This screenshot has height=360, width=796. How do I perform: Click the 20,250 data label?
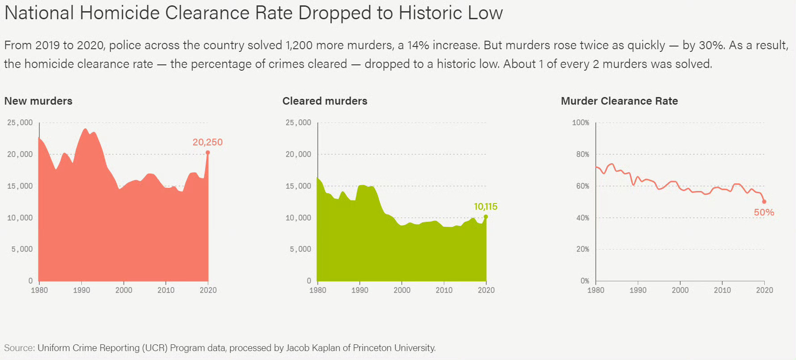coord(207,142)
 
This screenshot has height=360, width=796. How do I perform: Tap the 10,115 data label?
coord(485,207)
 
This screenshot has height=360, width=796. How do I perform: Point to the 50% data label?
coord(764,212)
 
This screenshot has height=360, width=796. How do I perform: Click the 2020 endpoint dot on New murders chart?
coord(208,153)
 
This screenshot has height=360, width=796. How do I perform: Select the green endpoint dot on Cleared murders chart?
coord(486,217)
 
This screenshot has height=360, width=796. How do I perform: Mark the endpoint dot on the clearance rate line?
coord(764,202)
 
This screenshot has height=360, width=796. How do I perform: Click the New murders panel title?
coord(38,101)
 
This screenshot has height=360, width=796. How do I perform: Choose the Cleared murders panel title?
coord(325,101)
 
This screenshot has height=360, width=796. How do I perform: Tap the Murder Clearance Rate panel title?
coord(619,101)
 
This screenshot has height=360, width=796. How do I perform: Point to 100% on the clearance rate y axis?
coord(581,123)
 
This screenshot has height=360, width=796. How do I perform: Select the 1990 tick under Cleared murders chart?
coord(360,290)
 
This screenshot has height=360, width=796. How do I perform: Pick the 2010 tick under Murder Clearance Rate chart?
coord(722,290)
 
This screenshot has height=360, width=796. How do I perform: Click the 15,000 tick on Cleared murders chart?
coord(299,186)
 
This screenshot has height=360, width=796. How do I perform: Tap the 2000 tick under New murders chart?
coord(124,290)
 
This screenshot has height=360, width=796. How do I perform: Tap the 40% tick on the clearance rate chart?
coord(583,218)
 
